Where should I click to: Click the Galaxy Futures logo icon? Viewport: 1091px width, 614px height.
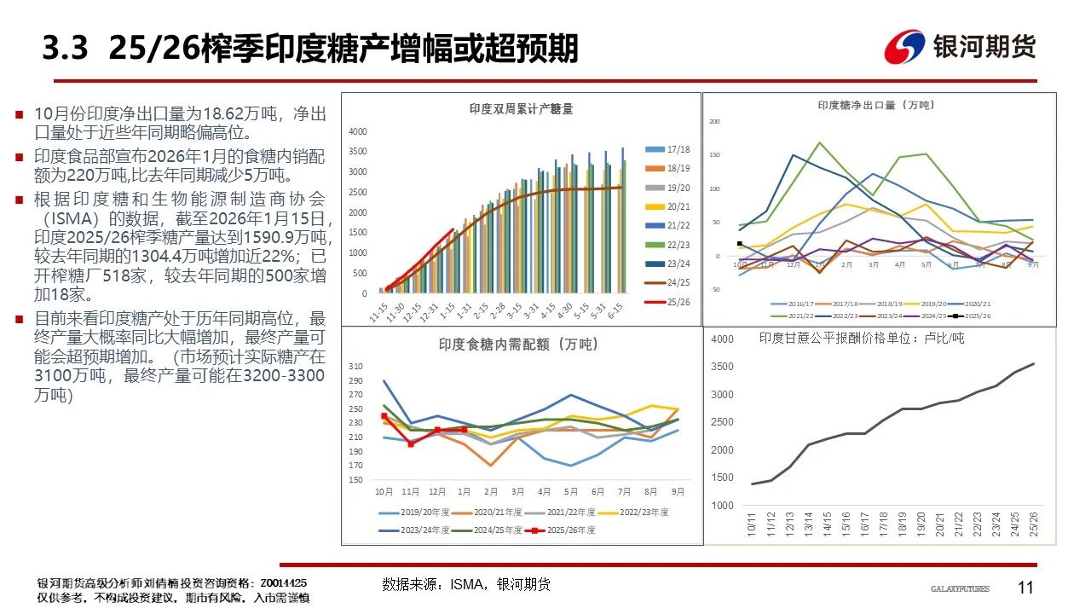pos(904,47)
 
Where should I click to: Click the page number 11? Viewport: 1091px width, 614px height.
pos(1026,588)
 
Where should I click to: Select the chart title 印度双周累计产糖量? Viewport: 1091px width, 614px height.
pos(521,109)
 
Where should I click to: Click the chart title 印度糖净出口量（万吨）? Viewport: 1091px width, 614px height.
pos(875,105)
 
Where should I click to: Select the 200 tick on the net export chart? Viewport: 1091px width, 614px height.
pos(715,122)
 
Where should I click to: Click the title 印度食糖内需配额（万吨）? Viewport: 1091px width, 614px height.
pos(518,345)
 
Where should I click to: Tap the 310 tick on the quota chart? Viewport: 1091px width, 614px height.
pos(356,367)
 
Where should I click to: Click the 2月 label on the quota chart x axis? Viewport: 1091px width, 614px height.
pos(490,492)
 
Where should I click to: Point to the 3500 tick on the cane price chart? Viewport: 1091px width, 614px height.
pos(722,368)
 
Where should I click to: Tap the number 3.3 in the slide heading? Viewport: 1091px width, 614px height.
pos(66,49)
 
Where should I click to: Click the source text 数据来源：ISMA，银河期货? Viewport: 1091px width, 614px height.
pos(466,584)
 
